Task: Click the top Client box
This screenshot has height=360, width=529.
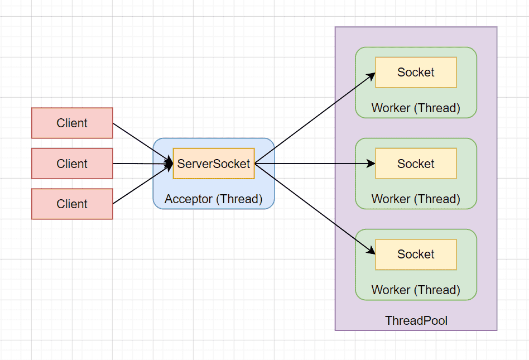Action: pyautogui.click(x=72, y=123)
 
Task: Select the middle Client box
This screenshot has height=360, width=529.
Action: pyautogui.click(x=72, y=164)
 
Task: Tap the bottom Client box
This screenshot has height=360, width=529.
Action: pyautogui.click(x=72, y=204)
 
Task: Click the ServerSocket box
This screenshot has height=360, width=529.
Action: pyautogui.click(x=214, y=164)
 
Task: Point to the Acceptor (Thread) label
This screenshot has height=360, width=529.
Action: pyautogui.click(x=214, y=199)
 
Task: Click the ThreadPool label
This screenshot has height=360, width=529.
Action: pyautogui.click(x=416, y=320)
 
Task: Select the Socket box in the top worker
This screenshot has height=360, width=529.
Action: pyautogui.click(x=416, y=73)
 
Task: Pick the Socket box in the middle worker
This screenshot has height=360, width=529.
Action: pyautogui.click(x=416, y=164)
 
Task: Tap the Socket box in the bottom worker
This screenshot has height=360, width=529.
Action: pyautogui.click(x=416, y=255)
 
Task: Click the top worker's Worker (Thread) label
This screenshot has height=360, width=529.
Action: pyautogui.click(x=416, y=108)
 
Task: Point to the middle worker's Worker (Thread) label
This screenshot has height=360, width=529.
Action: pyautogui.click(x=416, y=199)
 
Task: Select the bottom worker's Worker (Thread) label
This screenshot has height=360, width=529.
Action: pyautogui.click(x=416, y=290)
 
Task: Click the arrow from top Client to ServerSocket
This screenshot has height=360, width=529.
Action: pyautogui.click(x=143, y=143)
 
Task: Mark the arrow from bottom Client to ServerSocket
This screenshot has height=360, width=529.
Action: pyautogui.click(x=143, y=184)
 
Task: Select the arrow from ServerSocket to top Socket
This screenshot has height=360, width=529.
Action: pyautogui.click(x=315, y=118)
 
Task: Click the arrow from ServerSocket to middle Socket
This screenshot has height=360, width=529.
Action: pyautogui.click(x=315, y=164)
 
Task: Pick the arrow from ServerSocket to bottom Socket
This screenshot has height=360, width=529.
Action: pyautogui.click(x=315, y=209)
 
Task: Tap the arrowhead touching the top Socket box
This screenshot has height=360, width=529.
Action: pyautogui.click(x=372, y=76)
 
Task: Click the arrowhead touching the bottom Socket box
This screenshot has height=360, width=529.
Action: pyautogui.click(x=372, y=251)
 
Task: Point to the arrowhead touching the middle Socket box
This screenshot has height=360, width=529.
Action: pyautogui.click(x=372, y=164)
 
